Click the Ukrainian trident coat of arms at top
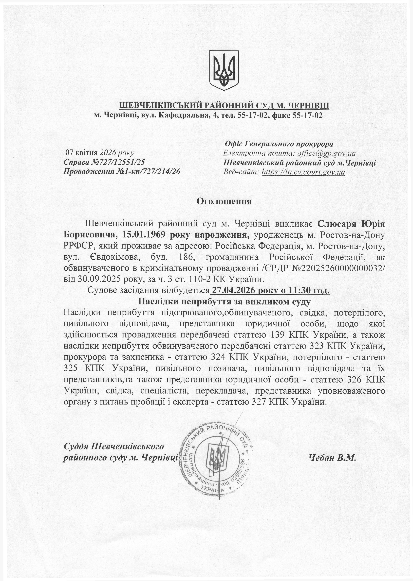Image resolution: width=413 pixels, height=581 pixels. [x=224, y=70]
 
